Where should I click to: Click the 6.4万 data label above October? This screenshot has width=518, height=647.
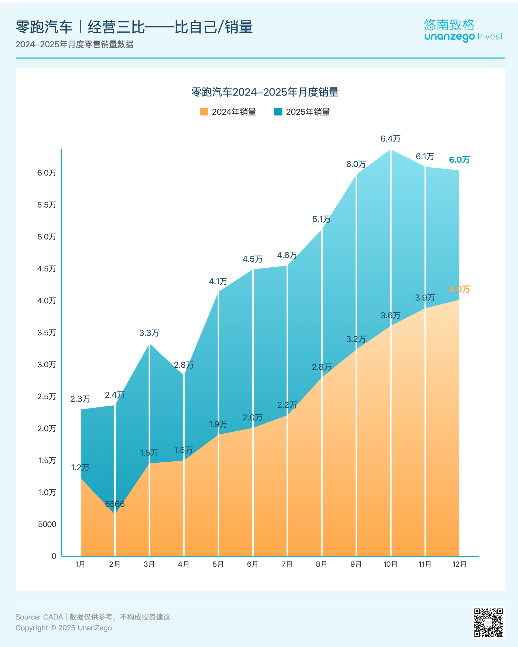390,139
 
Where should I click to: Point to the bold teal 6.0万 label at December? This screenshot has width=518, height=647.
459,160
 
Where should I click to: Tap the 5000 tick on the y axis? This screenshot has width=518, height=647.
47,524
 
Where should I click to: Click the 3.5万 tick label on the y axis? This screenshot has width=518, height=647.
46,333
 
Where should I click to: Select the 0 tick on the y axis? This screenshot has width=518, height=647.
54,556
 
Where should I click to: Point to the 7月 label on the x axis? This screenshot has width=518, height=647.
287,564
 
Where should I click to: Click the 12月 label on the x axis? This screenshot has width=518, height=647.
459,564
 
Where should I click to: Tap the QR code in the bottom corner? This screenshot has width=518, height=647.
488,622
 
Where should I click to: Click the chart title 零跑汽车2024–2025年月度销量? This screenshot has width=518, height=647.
265,92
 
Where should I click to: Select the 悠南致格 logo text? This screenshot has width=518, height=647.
449,25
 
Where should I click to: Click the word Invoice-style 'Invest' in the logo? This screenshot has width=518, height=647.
490,37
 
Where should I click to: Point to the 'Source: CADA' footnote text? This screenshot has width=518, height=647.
39,617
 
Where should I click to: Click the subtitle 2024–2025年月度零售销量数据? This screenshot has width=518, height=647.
74,44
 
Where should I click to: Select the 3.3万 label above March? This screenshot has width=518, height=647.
149,333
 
